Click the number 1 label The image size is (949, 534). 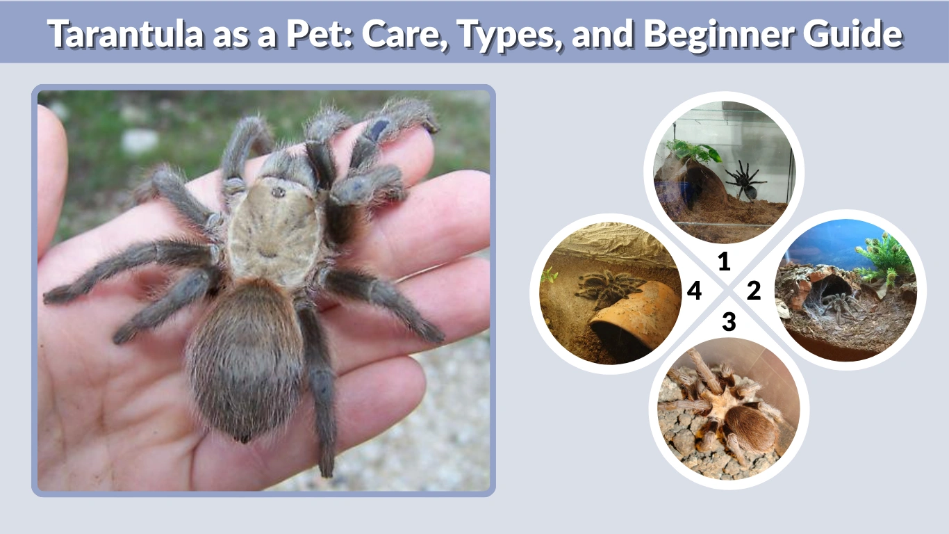pyautogui.click(x=724, y=261)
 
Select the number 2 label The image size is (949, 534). pyautogui.click(x=754, y=291)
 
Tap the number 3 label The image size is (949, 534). pyautogui.click(x=728, y=322)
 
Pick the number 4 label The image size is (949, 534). pyautogui.click(x=694, y=291)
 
